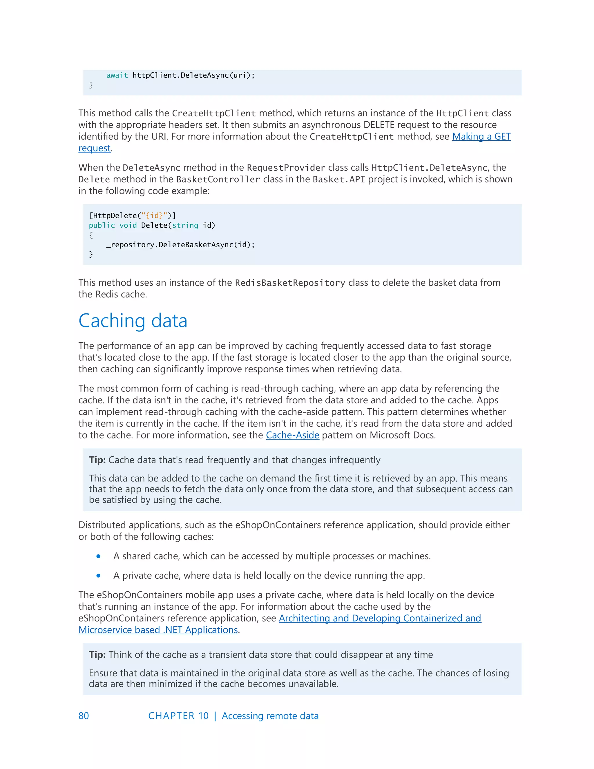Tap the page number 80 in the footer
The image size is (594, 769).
pos(84,716)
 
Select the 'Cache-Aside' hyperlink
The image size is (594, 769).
pos(292,435)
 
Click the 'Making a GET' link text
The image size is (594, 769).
pos(481,137)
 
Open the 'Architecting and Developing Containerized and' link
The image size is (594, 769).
pos(380,618)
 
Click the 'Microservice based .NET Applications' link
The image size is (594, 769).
pos(158,630)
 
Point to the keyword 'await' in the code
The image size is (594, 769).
pos(117,75)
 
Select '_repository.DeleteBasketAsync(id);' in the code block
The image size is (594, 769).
pos(180,245)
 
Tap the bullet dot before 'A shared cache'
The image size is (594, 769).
pos(99,556)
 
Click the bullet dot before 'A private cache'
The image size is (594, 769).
pos(99,576)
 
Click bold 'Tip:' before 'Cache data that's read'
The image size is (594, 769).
pos(97,460)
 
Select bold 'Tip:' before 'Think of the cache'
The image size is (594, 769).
pos(97,655)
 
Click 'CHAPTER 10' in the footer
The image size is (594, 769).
pos(178,716)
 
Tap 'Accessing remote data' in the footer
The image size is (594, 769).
pos(270,716)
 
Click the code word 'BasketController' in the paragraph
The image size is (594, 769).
pos(218,180)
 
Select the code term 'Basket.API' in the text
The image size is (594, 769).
pos(338,180)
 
